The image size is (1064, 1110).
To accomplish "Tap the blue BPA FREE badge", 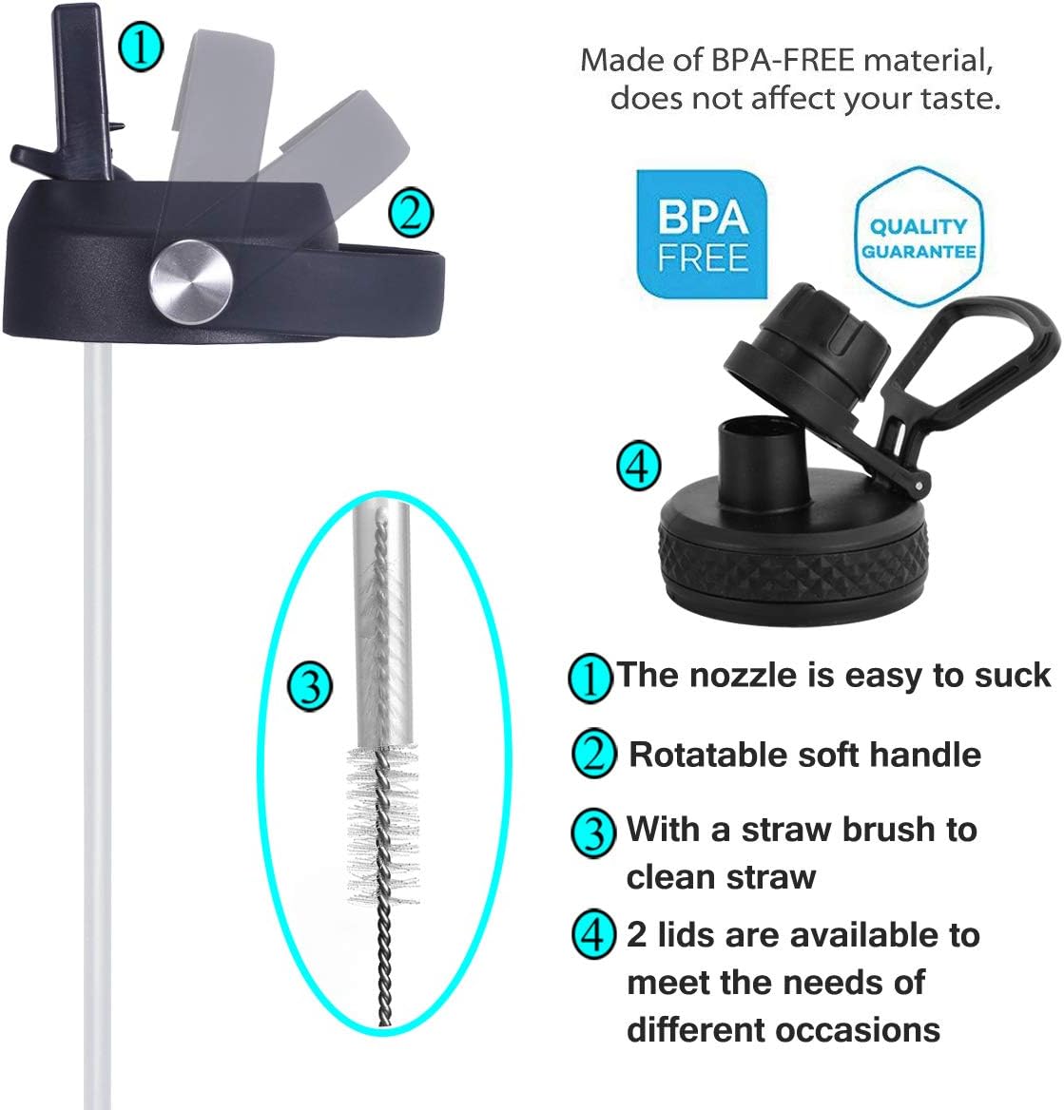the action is (x=702, y=235).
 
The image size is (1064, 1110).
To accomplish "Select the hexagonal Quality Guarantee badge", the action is (x=919, y=237).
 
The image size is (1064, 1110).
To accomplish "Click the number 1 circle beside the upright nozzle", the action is (x=141, y=48).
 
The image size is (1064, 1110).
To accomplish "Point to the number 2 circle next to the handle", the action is (x=411, y=213).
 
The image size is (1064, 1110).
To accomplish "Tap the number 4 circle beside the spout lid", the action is (x=639, y=467).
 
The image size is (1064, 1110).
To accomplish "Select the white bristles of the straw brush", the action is (x=382, y=826).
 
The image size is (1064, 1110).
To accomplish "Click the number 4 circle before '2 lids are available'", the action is (x=593, y=934).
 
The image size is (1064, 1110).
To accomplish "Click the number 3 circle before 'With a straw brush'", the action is (x=593, y=833).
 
